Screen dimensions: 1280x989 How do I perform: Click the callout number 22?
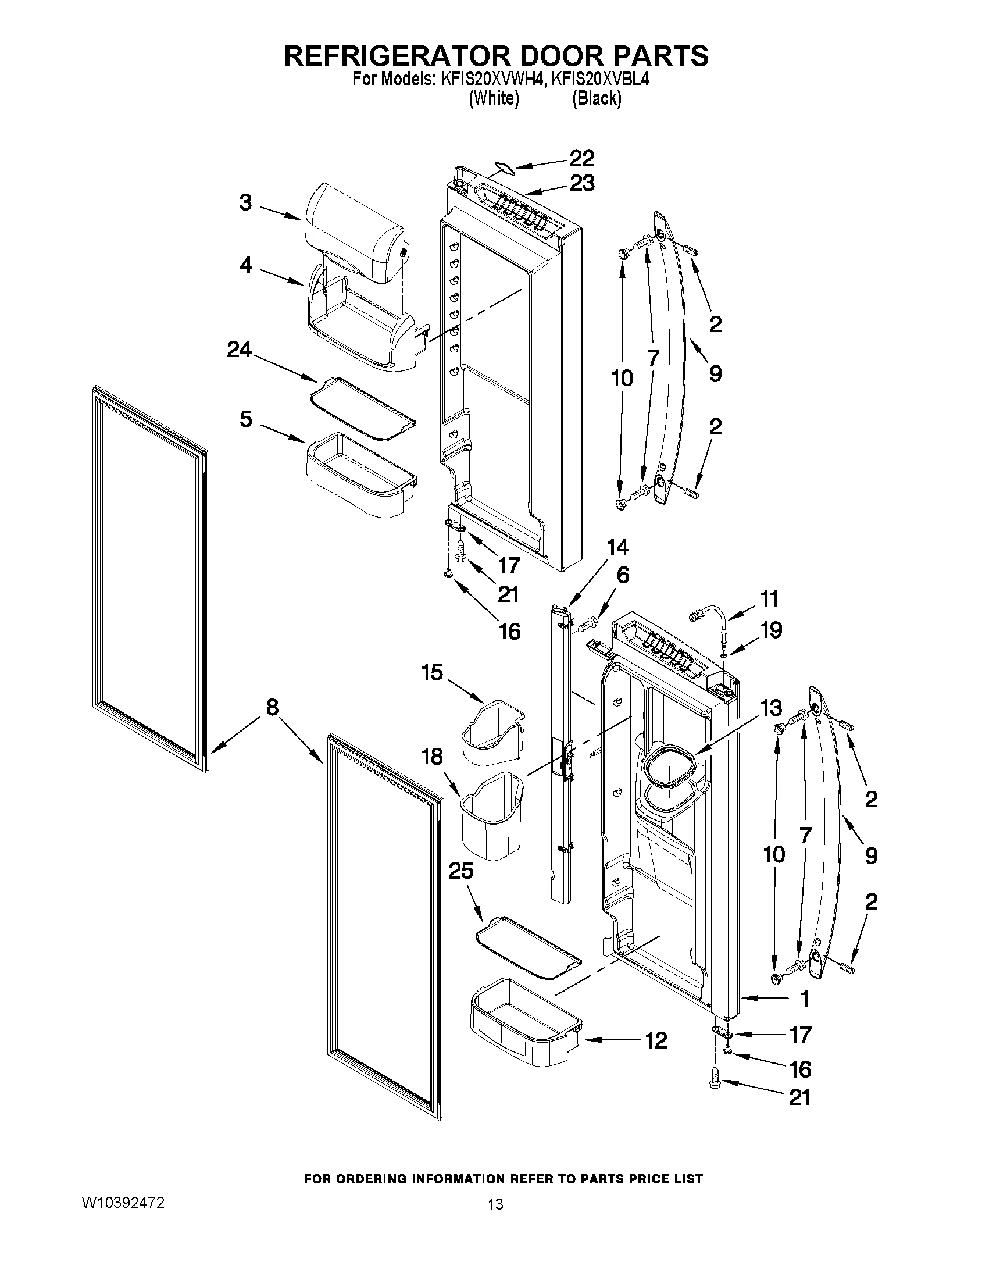pos(581,158)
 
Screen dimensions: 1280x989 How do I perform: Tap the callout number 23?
pos(581,183)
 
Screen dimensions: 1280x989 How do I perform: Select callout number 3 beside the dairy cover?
pos(245,203)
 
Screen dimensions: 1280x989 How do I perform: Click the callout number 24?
pos(239,350)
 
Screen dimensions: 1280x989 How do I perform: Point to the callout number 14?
pos(617,547)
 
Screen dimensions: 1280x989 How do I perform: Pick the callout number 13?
pos(771,708)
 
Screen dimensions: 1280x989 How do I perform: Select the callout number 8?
pos(272,707)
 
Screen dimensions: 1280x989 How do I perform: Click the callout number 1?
pos(805,998)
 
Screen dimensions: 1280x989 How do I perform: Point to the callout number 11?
pos(769,599)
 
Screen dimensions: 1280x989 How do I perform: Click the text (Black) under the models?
pos(597,98)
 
